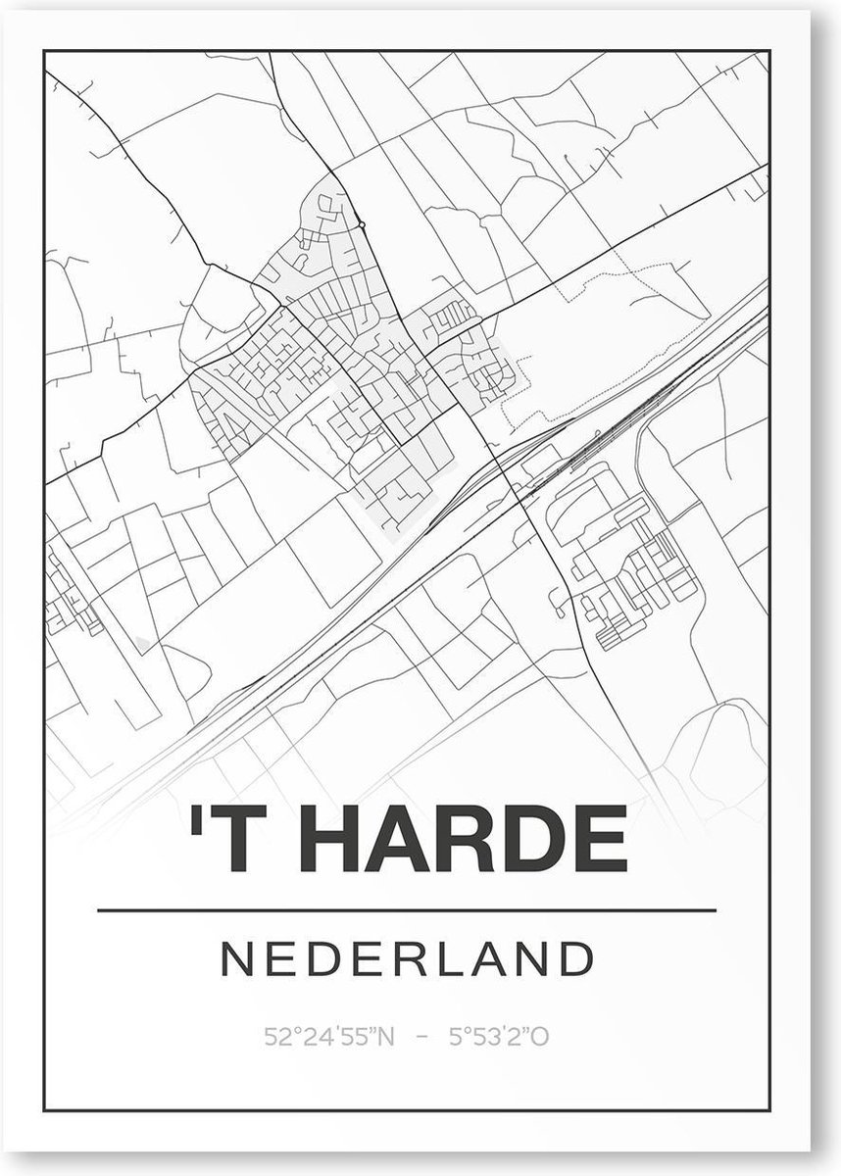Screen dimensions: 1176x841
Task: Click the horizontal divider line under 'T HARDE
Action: [x=408, y=910]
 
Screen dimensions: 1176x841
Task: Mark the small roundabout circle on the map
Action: [x=362, y=225]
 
